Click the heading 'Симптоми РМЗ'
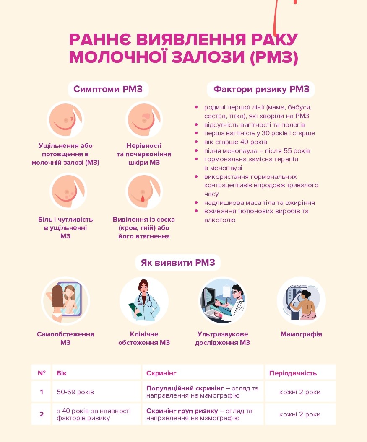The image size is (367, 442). tap(108, 89)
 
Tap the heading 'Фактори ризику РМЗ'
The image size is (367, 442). tap(261, 89)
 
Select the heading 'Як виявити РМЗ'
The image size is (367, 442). tap(178, 263)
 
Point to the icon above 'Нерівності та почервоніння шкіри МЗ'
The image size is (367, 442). tap(144, 119)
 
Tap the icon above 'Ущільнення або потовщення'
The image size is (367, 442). tap(65, 119)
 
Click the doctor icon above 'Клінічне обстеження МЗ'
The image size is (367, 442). tap(144, 300)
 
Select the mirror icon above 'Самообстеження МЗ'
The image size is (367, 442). tap(65, 300)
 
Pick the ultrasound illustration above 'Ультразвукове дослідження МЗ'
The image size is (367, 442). tap(223, 300)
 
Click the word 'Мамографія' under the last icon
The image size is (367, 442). tap(301, 334)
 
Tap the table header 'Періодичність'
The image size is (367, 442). tap(293, 373)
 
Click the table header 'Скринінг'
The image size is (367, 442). tap(161, 373)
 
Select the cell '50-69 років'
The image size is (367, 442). tap(75, 392)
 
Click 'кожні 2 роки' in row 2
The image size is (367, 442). tap(299, 414)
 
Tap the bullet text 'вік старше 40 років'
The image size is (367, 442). tap(235, 142)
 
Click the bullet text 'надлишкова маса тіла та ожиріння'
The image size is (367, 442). tap(259, 203)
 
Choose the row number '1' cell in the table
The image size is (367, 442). tap(42, 392)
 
